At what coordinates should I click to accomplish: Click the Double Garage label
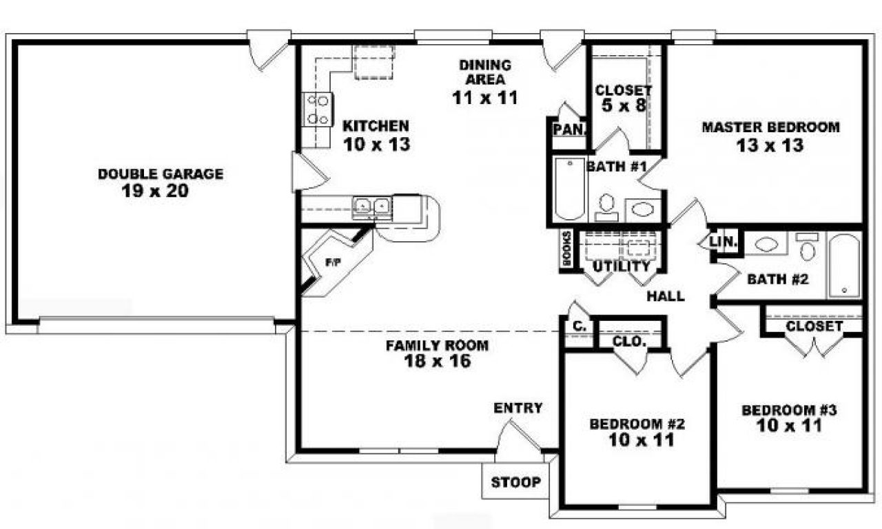pos(160,174)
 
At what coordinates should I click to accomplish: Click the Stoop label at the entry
pos(515,482)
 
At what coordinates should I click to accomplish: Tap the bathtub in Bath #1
pos(568,187)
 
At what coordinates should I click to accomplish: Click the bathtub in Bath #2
pos(843,265)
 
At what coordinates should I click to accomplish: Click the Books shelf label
pos(567,248)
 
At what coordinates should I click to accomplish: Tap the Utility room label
pos(622,266)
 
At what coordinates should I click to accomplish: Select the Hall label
pos(666,297)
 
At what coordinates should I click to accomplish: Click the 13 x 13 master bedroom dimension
pos(770,145)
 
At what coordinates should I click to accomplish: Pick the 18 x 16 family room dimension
pos(438,361)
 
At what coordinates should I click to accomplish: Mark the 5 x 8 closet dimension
pos(623,107)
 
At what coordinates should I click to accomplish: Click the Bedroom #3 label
pos(788,411)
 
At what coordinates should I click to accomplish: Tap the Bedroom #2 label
pos(637,424)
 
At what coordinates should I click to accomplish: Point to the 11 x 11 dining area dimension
pos(484,98)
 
